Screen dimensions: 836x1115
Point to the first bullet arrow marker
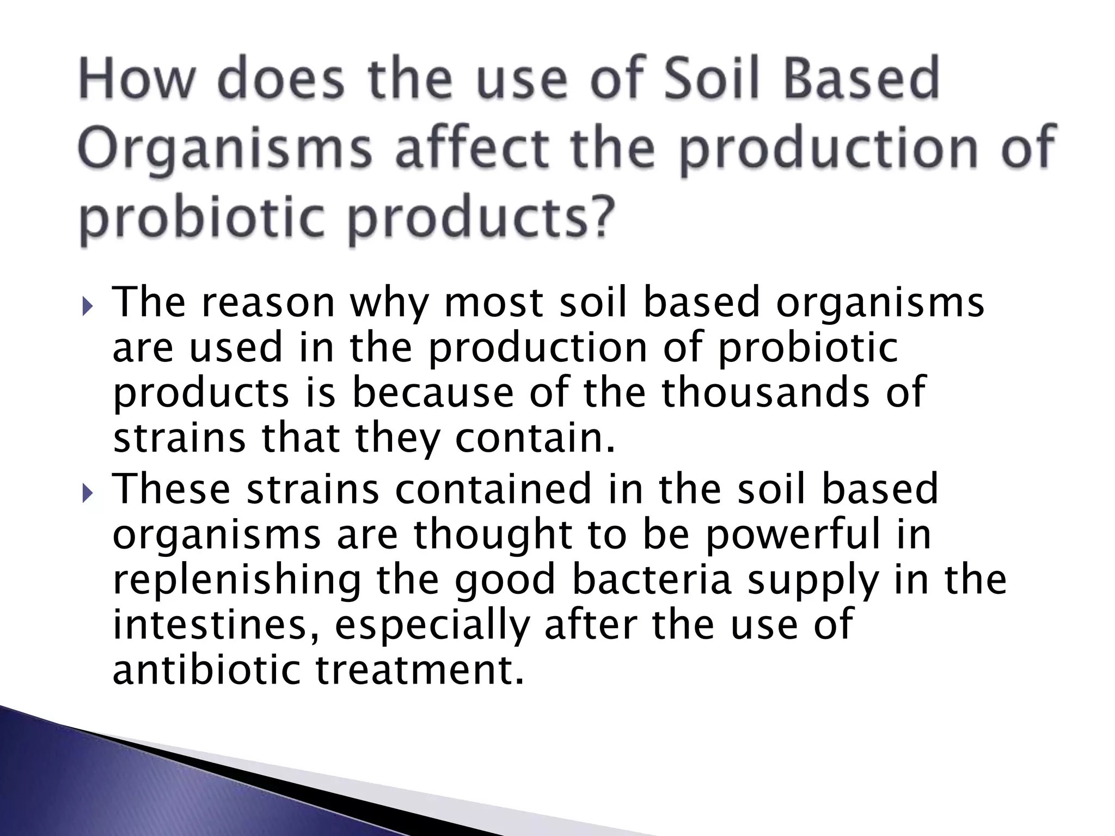[89, 309]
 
